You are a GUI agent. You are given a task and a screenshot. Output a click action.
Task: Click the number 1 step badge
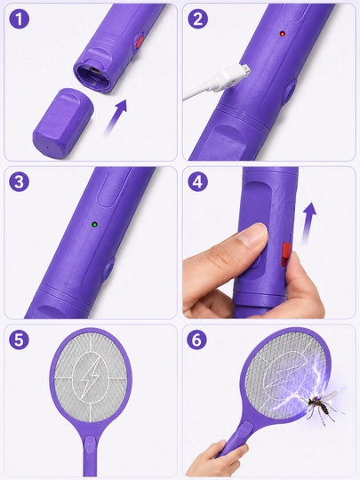(20, 19)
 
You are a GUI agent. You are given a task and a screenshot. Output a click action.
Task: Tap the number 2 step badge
(197, 19)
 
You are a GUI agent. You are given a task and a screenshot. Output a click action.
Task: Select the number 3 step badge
(19, 181)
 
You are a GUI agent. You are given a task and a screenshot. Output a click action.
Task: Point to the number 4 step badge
(197, 181)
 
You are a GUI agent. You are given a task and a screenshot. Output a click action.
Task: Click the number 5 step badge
(19, 340)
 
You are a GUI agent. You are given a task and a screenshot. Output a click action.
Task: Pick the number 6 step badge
(196, 340)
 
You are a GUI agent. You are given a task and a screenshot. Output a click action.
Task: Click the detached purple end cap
(63, 124)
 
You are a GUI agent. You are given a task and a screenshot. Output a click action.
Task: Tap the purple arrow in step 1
(116, 117)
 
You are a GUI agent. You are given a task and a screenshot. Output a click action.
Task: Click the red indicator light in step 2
(283, 34)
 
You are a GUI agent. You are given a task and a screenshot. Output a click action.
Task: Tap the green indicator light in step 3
(95, 224)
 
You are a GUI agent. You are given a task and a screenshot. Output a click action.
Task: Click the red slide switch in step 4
(286, 254)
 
